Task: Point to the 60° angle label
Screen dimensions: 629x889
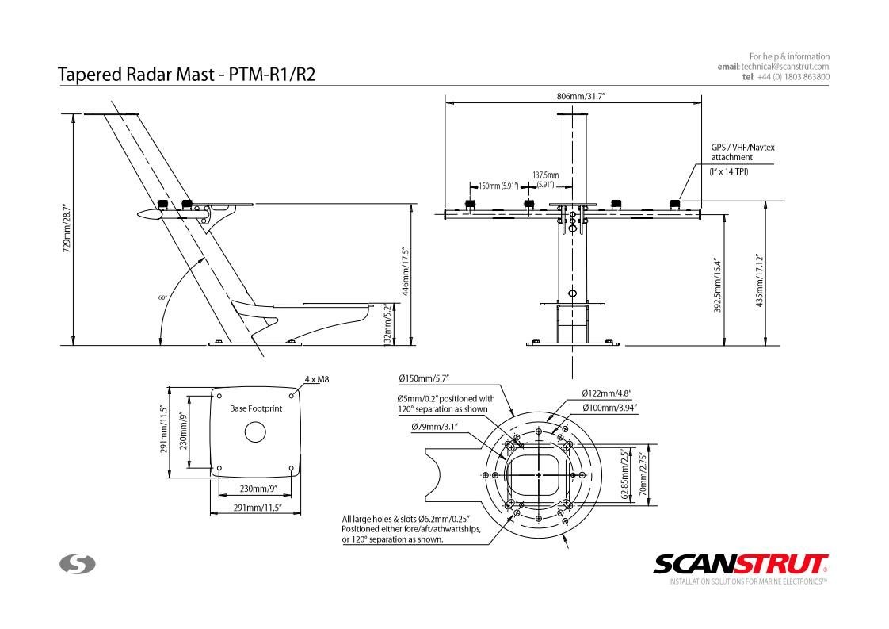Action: tap(162, 297)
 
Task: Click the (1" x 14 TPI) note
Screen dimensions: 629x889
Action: tap(728, 171)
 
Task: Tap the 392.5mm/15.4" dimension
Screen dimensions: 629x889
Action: tap(717, 283)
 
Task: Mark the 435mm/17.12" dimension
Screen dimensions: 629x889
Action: tap(759, 280)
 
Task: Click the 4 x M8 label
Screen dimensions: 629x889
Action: tap(316, 379)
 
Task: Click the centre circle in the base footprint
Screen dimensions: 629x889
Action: tap(254, 432)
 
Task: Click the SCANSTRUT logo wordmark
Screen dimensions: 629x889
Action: tap(741, 564)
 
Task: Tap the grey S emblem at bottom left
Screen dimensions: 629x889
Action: tap(78, 564)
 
